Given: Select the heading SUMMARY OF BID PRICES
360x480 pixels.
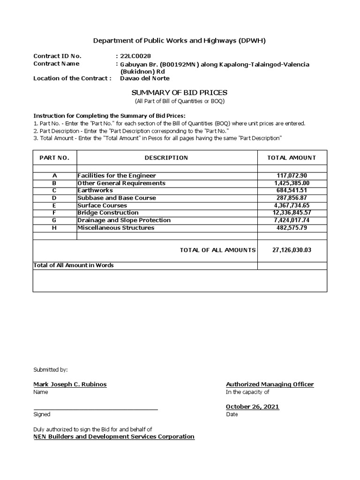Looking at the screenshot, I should point(180,93).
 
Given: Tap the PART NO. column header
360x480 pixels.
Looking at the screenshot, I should point(55,157).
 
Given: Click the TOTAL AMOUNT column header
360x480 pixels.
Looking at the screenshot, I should point(292,157).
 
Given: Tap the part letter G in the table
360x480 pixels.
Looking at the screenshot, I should point(54,220).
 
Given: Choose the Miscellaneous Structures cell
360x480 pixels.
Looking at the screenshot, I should point(116,228).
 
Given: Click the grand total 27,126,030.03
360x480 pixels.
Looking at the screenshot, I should point(292,250).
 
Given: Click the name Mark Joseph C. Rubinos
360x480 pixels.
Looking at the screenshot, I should point(70,384).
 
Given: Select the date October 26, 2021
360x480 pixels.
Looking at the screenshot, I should point(252,406).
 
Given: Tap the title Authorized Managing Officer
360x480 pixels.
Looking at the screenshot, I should point(270,384).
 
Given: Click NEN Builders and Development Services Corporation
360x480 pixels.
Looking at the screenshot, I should point(113,436).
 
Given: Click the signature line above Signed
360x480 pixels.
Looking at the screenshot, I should point(95,409).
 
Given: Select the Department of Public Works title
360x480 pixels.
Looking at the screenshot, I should point(180,41).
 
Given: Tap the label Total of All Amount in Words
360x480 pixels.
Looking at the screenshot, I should point(74,265).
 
